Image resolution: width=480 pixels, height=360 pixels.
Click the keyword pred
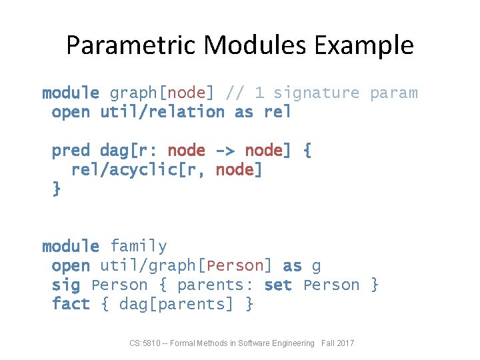[x=71, y=151]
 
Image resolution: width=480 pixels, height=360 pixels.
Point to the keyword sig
[x=66, y=285]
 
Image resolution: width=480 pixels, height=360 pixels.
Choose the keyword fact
[x=71, y=305]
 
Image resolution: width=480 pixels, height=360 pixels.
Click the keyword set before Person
[x=278, y=285]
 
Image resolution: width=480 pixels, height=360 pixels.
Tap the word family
[x=139, y=247]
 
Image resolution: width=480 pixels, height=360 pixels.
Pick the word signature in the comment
[x=317, y=93]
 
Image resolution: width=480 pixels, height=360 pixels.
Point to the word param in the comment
[x=394, y=93]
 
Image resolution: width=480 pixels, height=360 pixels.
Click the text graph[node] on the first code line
[x=157, y=93]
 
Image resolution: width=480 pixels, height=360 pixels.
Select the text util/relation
[x=162, y=112]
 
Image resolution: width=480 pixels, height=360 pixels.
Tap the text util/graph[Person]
[x=186, y=266]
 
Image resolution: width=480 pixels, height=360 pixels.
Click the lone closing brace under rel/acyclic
[x=57, y=189]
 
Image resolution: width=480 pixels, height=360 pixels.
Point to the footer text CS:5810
[x=145, y=343]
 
